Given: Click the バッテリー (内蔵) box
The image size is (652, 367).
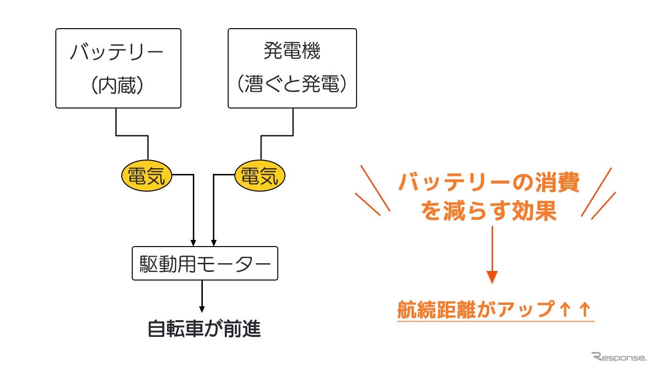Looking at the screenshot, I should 118,68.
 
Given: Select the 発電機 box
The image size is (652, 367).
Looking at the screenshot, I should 292,68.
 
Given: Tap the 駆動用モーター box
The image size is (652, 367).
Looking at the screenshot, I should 205,263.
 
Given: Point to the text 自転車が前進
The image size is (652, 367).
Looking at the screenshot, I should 204,329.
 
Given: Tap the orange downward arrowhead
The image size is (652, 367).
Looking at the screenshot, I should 492,277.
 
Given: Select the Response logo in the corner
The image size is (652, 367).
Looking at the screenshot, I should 618,356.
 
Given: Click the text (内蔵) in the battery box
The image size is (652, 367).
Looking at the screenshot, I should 117,85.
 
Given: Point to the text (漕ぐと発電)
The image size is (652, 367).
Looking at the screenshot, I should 292,85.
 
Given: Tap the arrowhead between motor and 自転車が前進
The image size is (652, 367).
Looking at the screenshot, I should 202,308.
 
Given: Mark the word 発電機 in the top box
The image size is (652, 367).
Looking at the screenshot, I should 292,51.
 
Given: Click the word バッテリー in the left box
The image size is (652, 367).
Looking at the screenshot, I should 117,51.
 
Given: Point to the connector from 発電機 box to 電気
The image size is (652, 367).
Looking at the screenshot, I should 277,136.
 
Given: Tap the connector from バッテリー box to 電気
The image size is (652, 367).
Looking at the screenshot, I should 132,136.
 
